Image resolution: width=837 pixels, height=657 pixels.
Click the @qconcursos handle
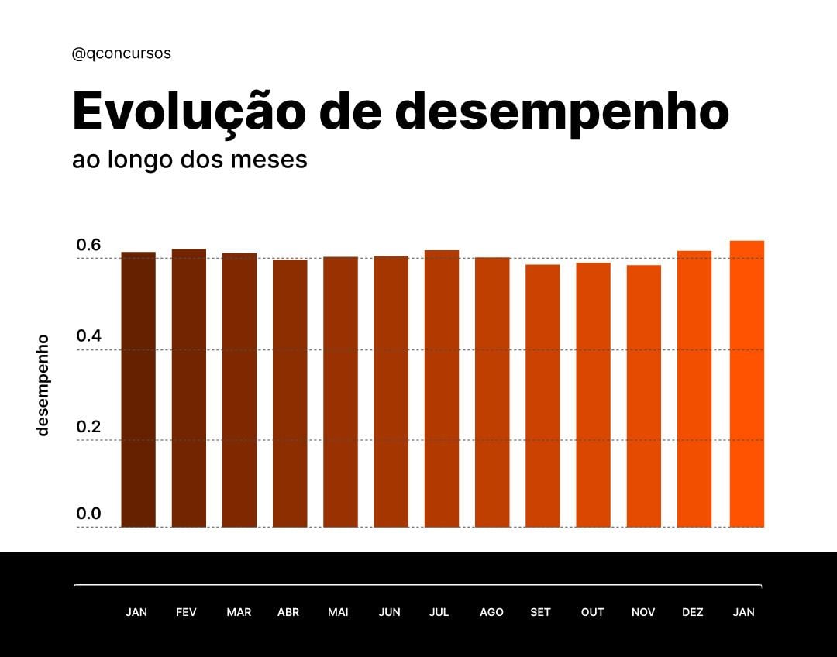pyautogui.click(x=121, y=53)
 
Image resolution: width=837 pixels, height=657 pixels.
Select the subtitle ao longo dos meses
pyautogui.click(x=189, y=160)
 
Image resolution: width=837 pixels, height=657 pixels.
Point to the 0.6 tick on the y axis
pyautogui.click(x=88, y=246)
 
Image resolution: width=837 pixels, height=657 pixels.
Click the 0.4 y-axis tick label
pyautogui.click(x=88, y=336)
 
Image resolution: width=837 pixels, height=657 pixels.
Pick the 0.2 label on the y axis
pyautogui.click(x=88, y=427)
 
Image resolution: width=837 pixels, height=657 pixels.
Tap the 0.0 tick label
pyautogui.click(x=88, y=514)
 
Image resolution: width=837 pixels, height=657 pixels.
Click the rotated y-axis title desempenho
pyautogui.click(x=43, y=384)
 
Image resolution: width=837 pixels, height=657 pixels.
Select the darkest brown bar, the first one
pyautogui.click(x=138, y=390)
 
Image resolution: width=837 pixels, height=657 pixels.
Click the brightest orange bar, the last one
pyautogui.click(x=746, y=384)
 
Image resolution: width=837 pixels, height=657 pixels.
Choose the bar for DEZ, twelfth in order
pyautogui.click(x=694, y=389)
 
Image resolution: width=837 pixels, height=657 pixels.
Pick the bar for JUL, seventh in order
pyautogui.click(x=442, y=389)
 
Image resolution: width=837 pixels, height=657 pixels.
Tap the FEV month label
pyautogui.click(x=186, y=612)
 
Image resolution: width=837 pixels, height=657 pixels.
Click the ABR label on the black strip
pyautogui.click(x=288, y=612)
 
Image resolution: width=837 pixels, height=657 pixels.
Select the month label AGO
pyautogui.click(x=491, y=612)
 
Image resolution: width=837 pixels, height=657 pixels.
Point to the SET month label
pyautogui.click(x=540, y=612)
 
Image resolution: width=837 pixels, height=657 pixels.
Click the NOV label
pyautogui.click(x=643, y=612)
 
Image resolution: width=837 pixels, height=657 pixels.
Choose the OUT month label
pyautogui.click(x=592, y=612)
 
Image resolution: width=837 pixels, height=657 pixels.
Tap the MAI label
pyautogui.click(x=338, y=612)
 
